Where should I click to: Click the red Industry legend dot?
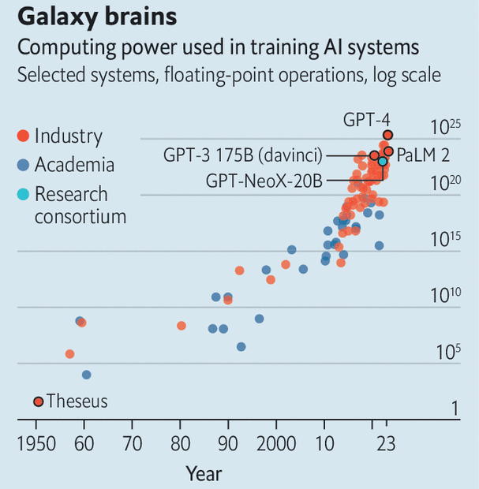coord(24,136)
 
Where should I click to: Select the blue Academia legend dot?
coord(24,166)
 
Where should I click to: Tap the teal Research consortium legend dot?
coord(24,195)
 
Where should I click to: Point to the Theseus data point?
coord(38,401)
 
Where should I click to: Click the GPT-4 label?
coord(365,119)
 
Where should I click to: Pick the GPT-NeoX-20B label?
coord(264,181)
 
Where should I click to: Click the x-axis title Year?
coord(204,473)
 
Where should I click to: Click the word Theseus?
coord(77,401)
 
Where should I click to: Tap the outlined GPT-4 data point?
coord(387,135)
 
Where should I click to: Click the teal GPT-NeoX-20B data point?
coord(383,161)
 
